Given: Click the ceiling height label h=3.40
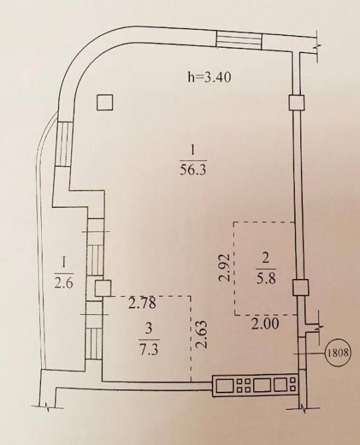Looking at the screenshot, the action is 209,77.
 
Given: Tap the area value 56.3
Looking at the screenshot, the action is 193,171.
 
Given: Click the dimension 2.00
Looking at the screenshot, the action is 266,324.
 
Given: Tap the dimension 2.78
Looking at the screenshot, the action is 142,303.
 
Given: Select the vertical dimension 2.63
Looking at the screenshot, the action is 202,335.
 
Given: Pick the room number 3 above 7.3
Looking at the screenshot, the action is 149,330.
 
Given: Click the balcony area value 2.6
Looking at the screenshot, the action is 64,283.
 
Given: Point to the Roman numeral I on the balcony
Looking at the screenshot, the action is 64,263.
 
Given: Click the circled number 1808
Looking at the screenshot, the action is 338,353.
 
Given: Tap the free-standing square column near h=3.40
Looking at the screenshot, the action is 105,102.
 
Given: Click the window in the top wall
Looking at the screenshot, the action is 239,39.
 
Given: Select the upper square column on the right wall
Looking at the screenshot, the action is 297,102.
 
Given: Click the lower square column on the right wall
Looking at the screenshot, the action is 300,287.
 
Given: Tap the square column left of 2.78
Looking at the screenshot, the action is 102,288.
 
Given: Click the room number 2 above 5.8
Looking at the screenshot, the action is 266,260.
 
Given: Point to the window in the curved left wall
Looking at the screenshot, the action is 62,143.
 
